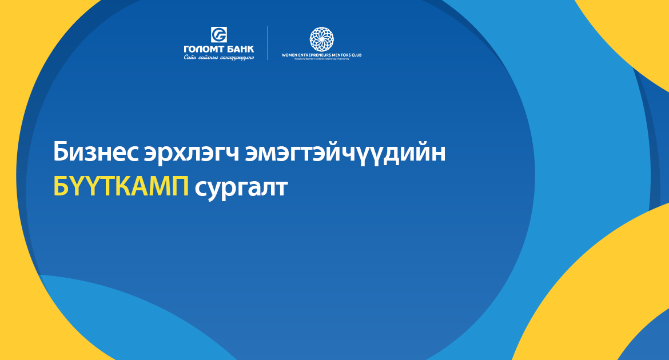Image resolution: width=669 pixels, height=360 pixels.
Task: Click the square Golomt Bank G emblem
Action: click(x=219, y=34)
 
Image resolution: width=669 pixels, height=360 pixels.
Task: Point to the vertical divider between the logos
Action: click(x=268, y=43)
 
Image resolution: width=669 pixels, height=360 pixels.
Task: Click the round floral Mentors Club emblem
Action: click(x=321, y=38)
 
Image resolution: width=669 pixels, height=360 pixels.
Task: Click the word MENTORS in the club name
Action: click(x=344, y=55)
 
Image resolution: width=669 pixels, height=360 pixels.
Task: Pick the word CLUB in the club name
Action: click(x=357, y=55)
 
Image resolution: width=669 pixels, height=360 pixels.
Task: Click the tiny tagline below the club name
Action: click(x=321, y=59)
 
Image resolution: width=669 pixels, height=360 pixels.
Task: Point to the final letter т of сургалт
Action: click(x=280, y=188)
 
